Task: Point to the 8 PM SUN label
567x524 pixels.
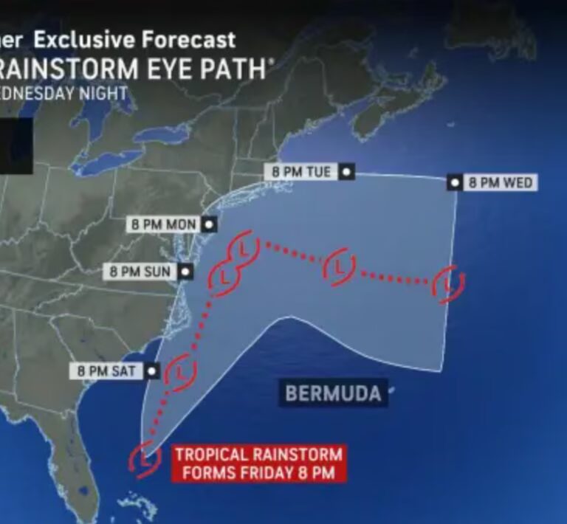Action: pos(140,272)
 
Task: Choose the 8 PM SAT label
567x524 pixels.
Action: pos(108,370)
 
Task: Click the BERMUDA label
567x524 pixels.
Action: pos(333,393)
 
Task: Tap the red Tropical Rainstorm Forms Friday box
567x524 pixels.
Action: pos(258,463)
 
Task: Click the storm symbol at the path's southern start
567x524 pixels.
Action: pos(145,458)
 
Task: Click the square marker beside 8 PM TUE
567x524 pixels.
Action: pos(346,172)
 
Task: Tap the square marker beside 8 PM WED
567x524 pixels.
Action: pos(456,182)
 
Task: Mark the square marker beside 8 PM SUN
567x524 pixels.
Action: pos(185,272)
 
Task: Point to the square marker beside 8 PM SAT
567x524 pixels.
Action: pos(152,370)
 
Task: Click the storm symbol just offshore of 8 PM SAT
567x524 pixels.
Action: pos(181,370)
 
